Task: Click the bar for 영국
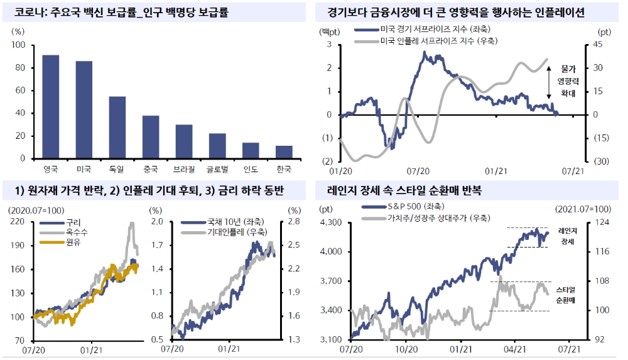click(x=50, y=107)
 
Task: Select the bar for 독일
click(x=117, y=128)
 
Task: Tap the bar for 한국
click(x=284, y=152)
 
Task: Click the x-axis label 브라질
click(x=184, y=169)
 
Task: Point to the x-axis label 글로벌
click(x=217, y=169)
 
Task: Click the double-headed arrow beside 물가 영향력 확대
click(x=549, y=80)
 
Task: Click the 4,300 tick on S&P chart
click(x=331, y=222)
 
